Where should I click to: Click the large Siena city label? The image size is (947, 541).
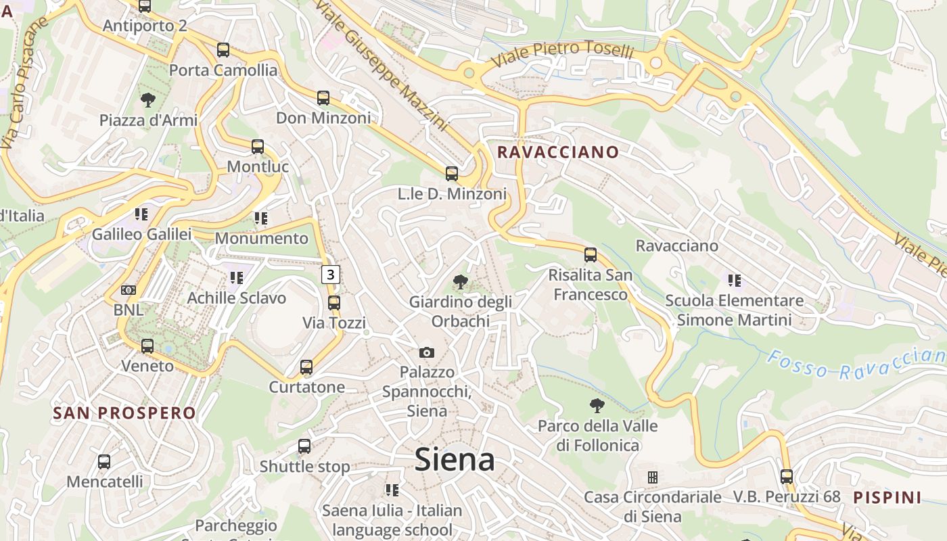pyautogui.click(x=455, y=460)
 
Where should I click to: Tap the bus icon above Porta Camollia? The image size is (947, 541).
pyautogui.click(x=223, y=50)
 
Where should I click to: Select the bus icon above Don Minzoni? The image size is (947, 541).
pyautogui.click(x=323, y=98)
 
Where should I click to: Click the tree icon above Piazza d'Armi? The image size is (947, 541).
pyautogui.click(x=148, y=101)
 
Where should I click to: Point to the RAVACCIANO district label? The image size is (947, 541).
pyautogui.click(x=558, y=152)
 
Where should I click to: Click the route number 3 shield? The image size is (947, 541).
pyautogui.click(x=330, y=275)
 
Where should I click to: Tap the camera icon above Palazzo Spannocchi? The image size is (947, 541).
pyautogui.click(x=426, y=352)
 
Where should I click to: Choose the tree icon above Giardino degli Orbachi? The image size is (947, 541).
pyautogui.click(x=460, y=281)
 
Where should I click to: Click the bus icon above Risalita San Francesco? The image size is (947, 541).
pyautogui.click(x=591, y=255)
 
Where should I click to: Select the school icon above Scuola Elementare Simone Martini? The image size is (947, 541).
pyautogui.click(x=735, y=280)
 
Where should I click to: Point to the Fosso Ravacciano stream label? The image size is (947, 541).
pyautogui.click(x=856, y=364)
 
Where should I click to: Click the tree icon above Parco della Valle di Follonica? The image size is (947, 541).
pyautogui.click(x=597, y=406)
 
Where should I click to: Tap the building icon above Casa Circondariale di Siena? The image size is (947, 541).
pyautogui.click(x=653, y=477)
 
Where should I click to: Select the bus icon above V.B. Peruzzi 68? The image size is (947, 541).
pyautogui.click(x=787, y=477)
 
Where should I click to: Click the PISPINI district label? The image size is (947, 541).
pyautogui.click(x=887, y=498)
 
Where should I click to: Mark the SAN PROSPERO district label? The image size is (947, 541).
pyautogui.click(x=124, y=413)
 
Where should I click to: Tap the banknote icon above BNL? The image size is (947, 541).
pyautogui.click(x=129, y=290)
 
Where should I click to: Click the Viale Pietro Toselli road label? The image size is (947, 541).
pyautogui.click(x=562, y=54)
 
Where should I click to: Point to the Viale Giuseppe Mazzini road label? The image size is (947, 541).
pyautogui.click(x=382, y=65)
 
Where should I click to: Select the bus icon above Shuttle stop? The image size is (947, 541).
pyautogui.click(x=304, y=446)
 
